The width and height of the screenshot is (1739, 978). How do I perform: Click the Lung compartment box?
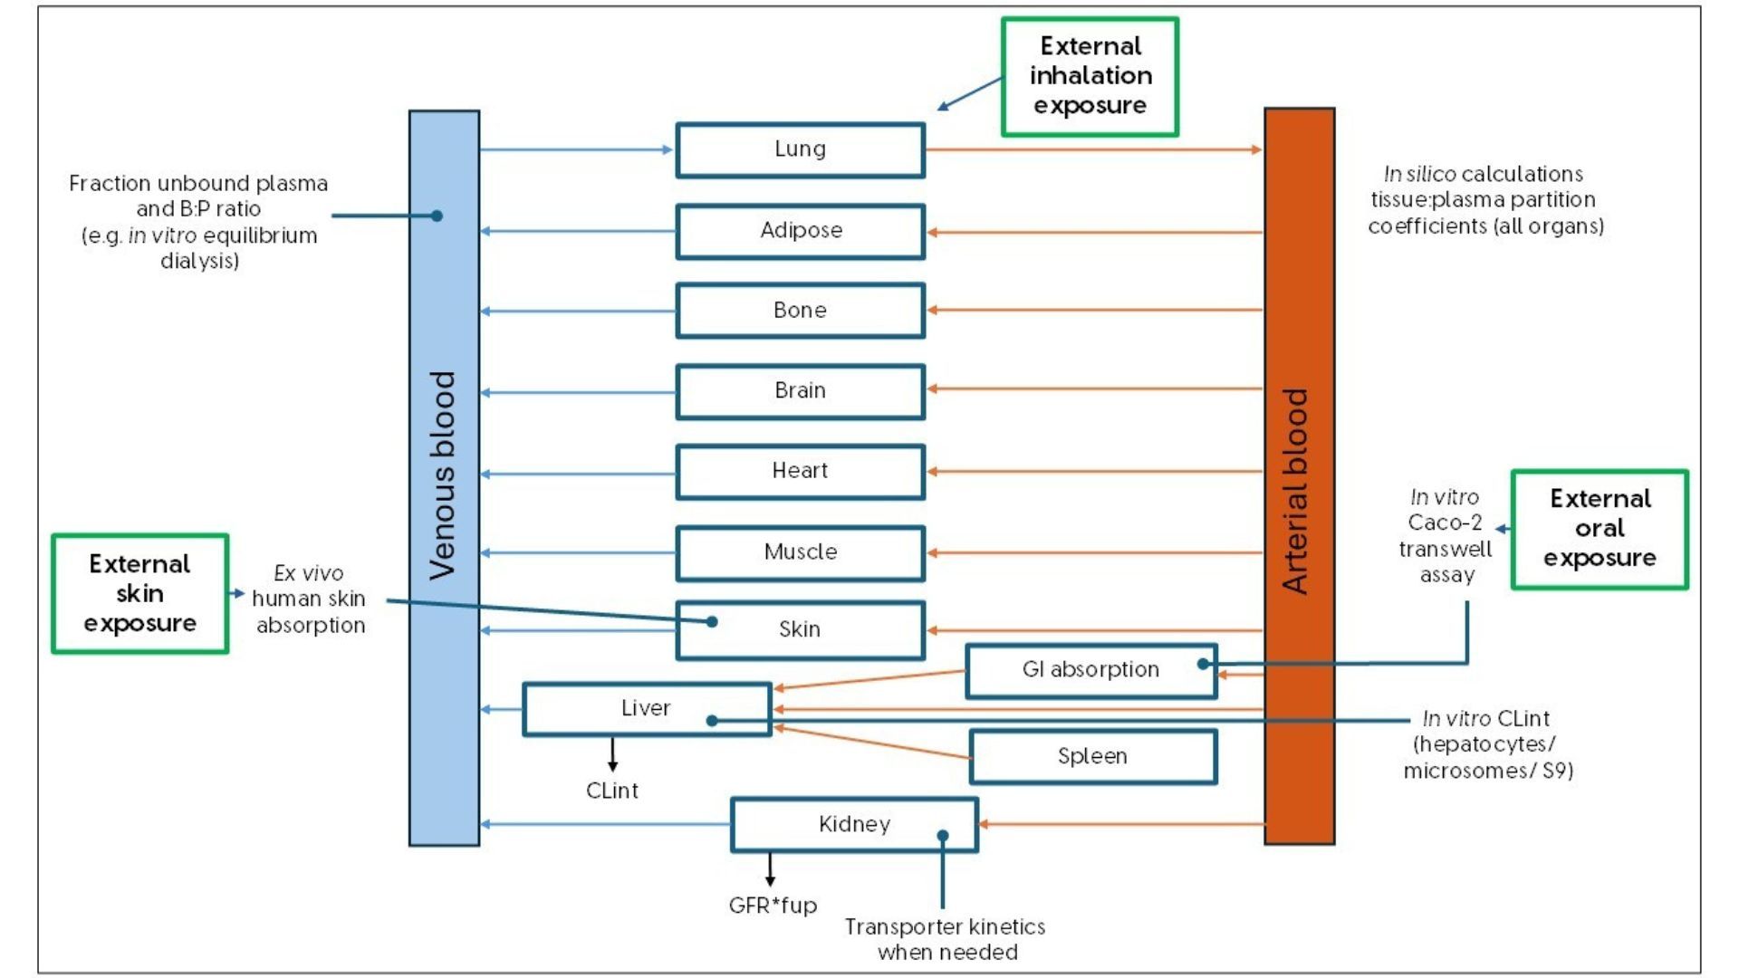tap(800, 149)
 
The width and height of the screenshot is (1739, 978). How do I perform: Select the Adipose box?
tap(800, 231)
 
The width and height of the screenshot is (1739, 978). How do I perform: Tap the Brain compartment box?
tap(800, 391)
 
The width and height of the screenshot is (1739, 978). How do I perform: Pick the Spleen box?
tap(1092, 756)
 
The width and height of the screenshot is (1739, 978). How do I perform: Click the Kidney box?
tap(854, 824)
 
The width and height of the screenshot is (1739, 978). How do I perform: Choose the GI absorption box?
tap(1090, 670)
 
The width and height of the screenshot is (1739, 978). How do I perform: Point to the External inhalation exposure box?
tap(1090, 76)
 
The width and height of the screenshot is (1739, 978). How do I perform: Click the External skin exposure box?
tap(139, 593)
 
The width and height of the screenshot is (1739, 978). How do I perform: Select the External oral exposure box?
tap(1600, 529)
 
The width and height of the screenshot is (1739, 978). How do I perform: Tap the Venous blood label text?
tap(443, 475)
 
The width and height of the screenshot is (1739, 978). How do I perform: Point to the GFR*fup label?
tap(773, 906)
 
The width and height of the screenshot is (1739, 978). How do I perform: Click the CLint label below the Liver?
tap(612, 791)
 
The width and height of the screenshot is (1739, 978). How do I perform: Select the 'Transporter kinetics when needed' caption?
tap(945, 939)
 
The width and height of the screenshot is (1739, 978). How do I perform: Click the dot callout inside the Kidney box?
tap(943, 836)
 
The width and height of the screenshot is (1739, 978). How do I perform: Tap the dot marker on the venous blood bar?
tap(437, 216)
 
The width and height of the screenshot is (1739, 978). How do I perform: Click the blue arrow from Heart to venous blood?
tap(578, 474)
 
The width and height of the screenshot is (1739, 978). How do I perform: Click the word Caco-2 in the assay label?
tap(1445, 523)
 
